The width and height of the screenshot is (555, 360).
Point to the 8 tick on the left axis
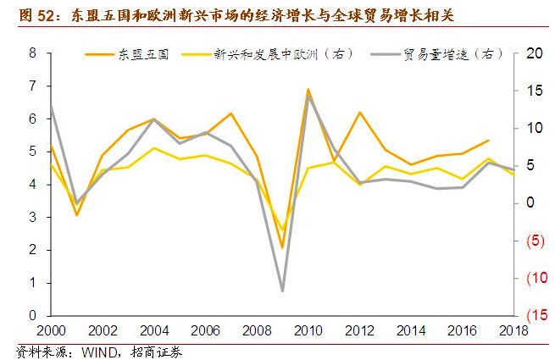(x=33, y=53)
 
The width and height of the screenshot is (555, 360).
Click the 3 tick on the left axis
(x=33, y=217)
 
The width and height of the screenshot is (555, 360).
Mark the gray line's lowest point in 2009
(x=282, y=291)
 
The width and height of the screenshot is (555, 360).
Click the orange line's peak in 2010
(x=308, y=89)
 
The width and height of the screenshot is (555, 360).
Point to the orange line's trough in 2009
(x=282, y=248)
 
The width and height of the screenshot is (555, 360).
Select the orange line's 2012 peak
(x=359, y=112)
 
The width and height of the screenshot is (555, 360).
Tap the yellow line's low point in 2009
(x=282, y=230)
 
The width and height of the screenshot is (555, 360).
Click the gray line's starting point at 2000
(x=51, y=106)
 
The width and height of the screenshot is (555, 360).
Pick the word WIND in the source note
(x=99, y=350)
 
